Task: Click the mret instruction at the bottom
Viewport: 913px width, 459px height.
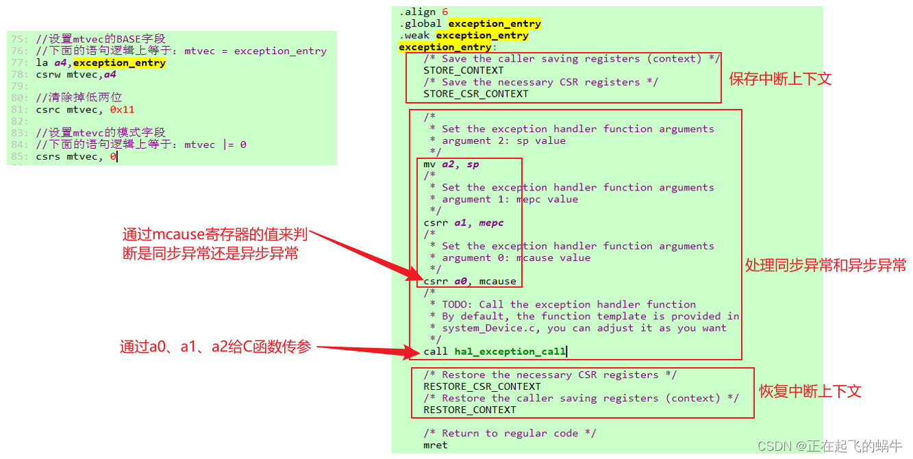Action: [x=435, y=445]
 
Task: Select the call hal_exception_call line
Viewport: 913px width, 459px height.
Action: [x=495, y=351]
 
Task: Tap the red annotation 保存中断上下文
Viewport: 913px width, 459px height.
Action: [x=780, y=79]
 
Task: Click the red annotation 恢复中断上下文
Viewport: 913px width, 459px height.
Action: [x=810, y=391]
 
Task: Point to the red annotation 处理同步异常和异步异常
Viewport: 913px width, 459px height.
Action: [x=825, y=265]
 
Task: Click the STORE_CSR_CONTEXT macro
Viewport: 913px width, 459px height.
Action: [x=475, y=94]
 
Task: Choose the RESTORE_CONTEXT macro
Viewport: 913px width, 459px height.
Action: [x=469, y=410]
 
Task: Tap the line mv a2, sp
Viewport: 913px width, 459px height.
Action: [x=451, y=164]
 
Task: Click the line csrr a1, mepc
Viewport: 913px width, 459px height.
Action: [x=464, y=223]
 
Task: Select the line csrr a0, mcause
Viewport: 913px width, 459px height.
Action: [x=470, y=281]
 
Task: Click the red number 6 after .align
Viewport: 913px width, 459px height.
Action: [x=445, y=12]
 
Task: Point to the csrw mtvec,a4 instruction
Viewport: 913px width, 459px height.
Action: [x=76, y=75]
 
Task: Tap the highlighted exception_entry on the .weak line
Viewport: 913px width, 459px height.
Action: [x=481, y=36]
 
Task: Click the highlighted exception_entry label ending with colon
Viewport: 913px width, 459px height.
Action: [x=445, y=47]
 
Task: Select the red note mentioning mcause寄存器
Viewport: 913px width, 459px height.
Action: [x=214, y=245]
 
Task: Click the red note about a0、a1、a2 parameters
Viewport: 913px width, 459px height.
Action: [x=215, y=347]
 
